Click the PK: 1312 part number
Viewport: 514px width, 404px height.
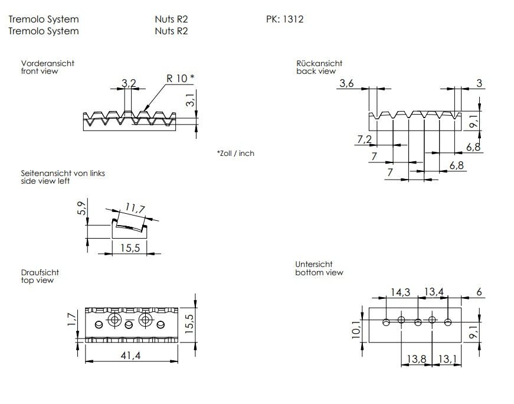coord(284,19)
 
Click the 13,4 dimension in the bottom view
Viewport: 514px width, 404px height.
coord(433,292)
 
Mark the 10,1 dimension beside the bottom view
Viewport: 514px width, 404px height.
coord(356,330)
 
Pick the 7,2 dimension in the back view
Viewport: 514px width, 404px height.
coord(365,139)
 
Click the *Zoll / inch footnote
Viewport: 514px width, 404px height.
coord(235,154)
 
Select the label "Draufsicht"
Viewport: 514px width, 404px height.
coord(40,273)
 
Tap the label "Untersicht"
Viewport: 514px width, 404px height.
coord(314,265)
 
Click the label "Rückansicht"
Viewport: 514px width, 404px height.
coord(319,63)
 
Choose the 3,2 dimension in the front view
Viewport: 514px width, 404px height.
coord(129,83)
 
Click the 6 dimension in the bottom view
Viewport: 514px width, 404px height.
coord(478,292)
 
